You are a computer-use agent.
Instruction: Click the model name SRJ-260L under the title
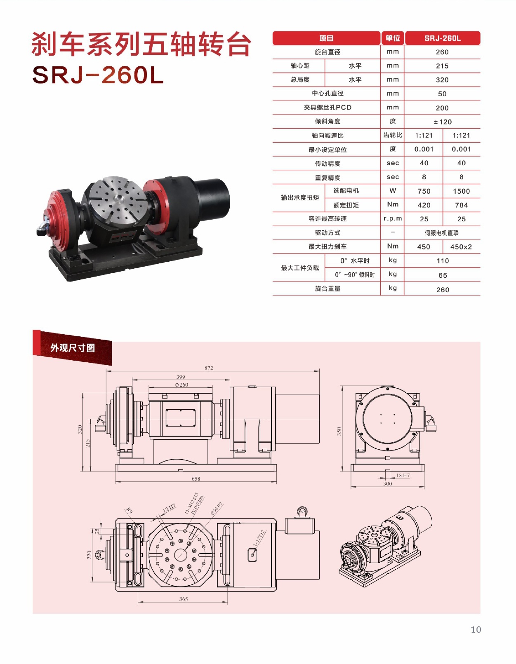click(98, 75)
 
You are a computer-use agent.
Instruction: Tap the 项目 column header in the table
click(326, 38)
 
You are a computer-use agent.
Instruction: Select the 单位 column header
click(393, 38)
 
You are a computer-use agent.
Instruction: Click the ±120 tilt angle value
click(443, 122)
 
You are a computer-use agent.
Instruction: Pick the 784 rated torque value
click(461, 205)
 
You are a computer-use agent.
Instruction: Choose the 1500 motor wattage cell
click(461, 191)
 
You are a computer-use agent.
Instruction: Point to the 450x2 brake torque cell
click(461, 247)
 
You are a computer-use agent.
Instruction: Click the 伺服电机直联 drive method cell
click(442, 233)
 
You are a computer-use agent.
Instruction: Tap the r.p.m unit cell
click(393, 219)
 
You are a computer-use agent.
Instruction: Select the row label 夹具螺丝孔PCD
click(328, 108)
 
